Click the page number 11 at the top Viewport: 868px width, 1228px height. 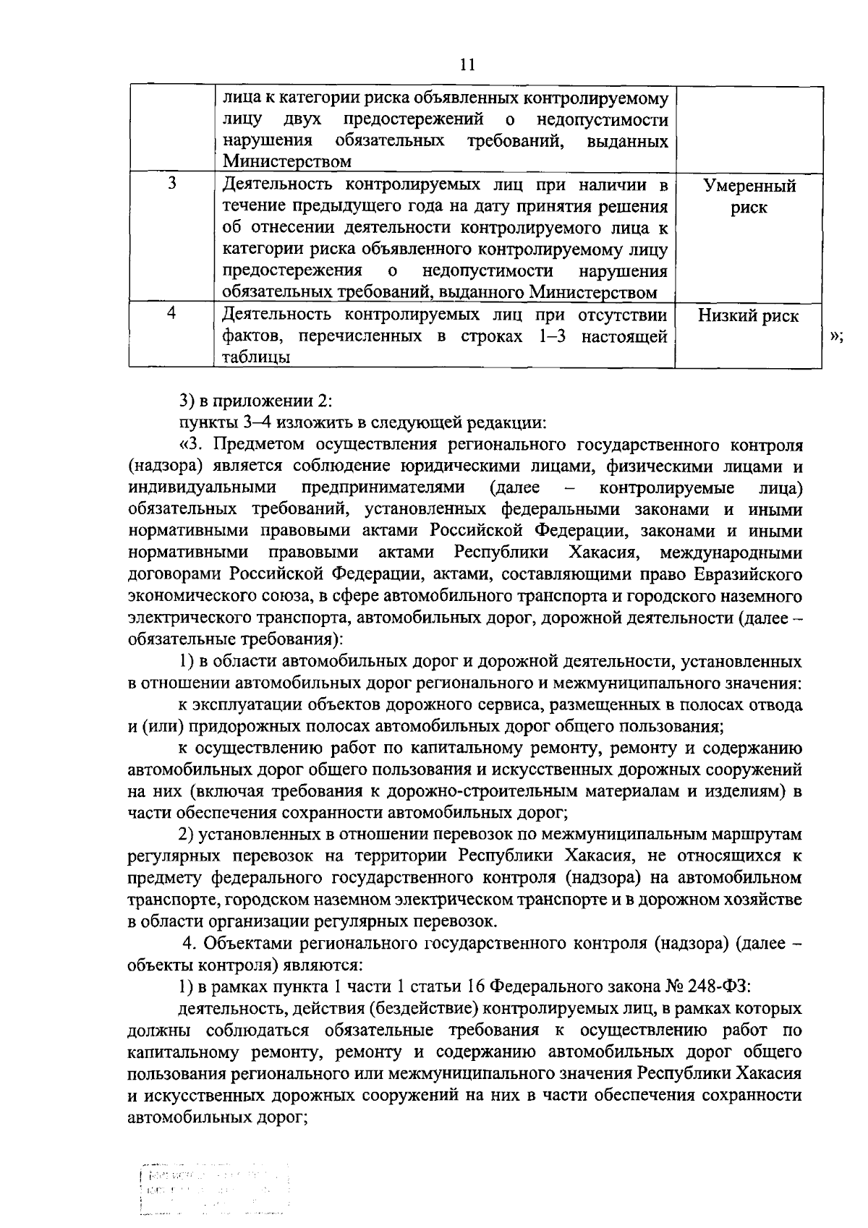(467, 65)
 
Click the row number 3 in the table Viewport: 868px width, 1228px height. (172, 184)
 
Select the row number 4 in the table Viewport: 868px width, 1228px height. (172, 314)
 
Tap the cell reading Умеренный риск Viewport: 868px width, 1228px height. (749, 197)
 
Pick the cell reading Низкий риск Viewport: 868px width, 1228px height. (749, 316)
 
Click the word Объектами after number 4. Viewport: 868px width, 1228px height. (248, 943)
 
